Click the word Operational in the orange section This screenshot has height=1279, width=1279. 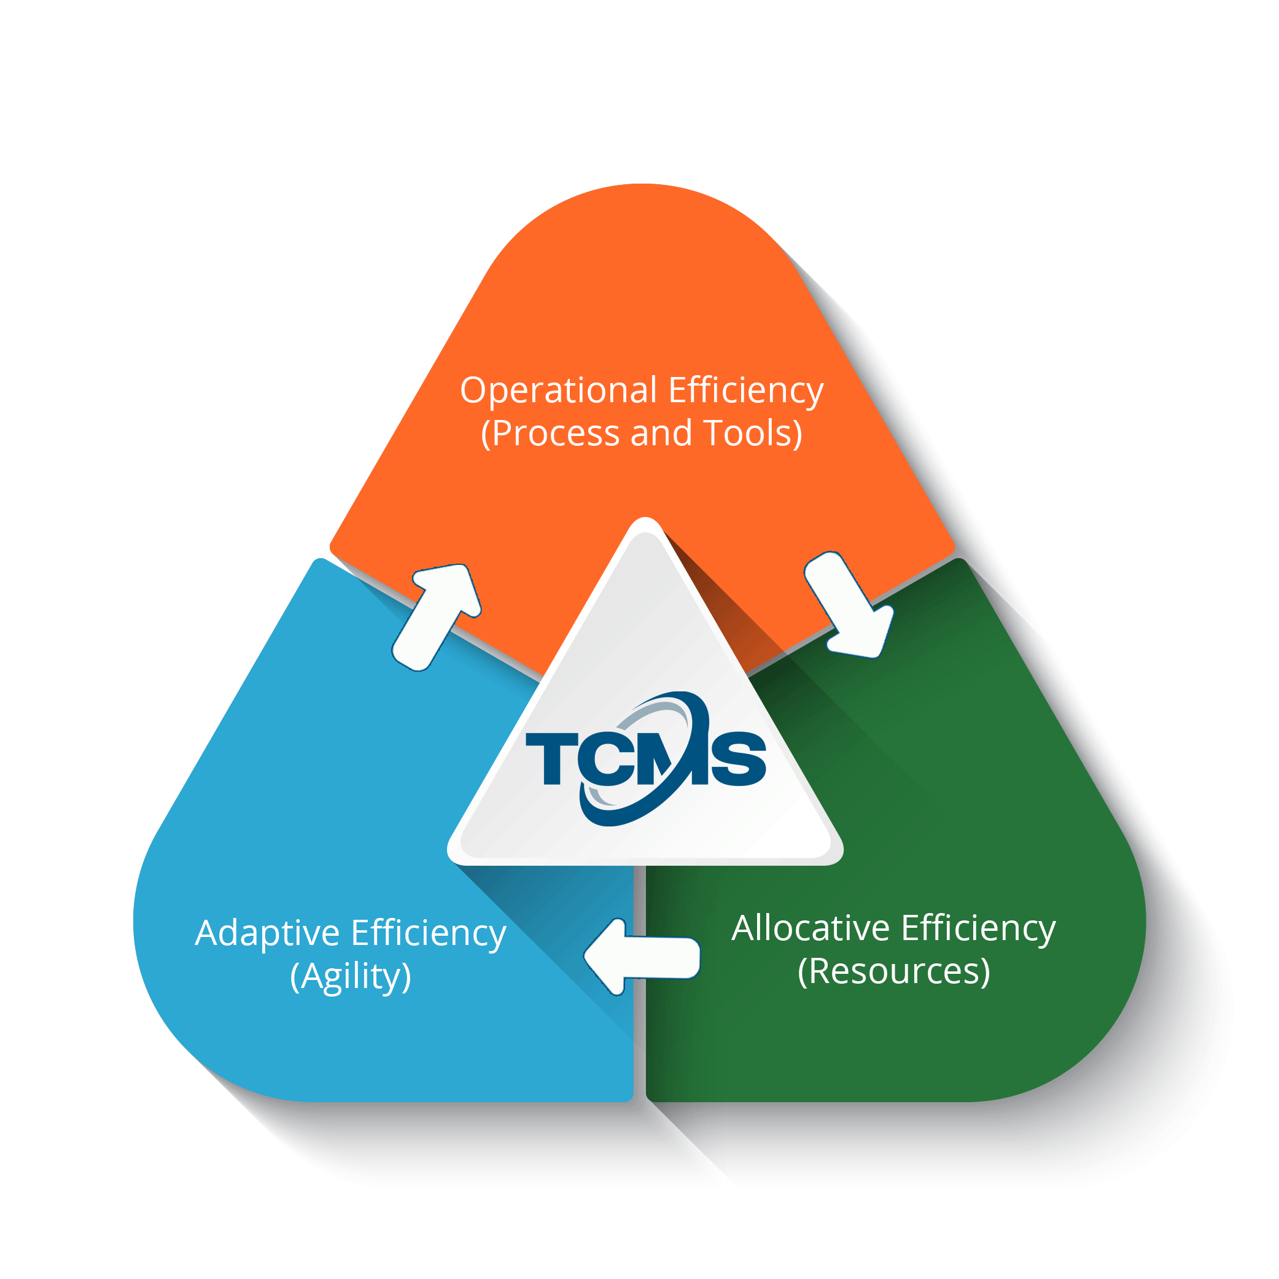click(x=558, y=391)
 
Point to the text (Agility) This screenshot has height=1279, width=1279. click(x=350, y=976)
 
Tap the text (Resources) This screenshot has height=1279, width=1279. click(x=894, y=971)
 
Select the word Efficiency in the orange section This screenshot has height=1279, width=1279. click(x=746, y=391)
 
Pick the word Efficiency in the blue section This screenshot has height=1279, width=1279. click(x=429, y=933)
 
